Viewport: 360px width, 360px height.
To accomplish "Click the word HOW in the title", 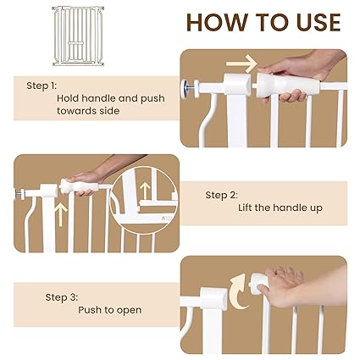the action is pyautogui.click(x=217, y=22).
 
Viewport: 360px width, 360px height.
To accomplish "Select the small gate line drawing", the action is pyautogui.click(x=78, y=36).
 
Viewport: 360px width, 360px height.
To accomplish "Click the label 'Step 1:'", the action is pyautogui.click(x=42, y=86).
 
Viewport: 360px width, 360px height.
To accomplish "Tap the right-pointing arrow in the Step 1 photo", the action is pyautogui.click(x=241, y=64).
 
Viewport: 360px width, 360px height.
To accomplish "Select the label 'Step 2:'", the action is pyautogui.click(x=221, y=195).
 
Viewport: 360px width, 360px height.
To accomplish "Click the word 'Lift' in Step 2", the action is pyautogui.click(x=245, y=208).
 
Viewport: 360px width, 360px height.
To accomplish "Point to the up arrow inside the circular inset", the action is pyautogui.click(x=145, y=191).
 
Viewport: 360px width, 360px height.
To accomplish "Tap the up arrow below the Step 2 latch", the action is pyautogui.click(x=61, y=215).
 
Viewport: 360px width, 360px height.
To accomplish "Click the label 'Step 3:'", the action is pyautogui.click(x=62, y=297).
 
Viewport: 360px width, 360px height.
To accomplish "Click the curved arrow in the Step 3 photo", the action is pyautogui.click(x=239, y=292).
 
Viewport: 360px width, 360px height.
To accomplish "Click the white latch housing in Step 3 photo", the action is pyautogui.click(x=214, y=297).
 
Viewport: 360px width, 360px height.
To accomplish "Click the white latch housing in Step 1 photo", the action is pyautogui.click(x=237, y=84).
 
